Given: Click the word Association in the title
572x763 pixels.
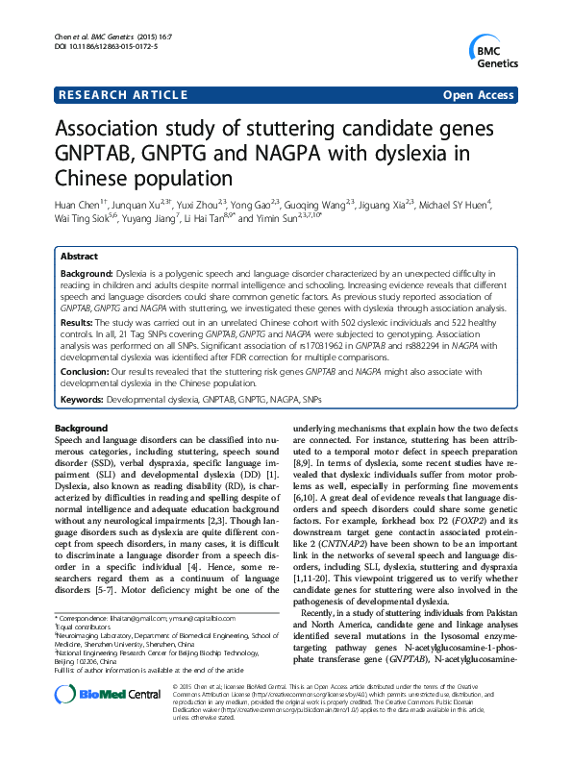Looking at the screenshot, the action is pyautogui.click(x=117, y=130).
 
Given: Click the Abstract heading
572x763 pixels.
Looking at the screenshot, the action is pyautogui.click(x=79, y=258).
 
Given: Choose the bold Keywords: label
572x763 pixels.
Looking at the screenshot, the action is pyautogui.click(x=85, y=398).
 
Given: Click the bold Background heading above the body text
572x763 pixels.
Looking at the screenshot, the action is pyautogui.click(x=81, y=427).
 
